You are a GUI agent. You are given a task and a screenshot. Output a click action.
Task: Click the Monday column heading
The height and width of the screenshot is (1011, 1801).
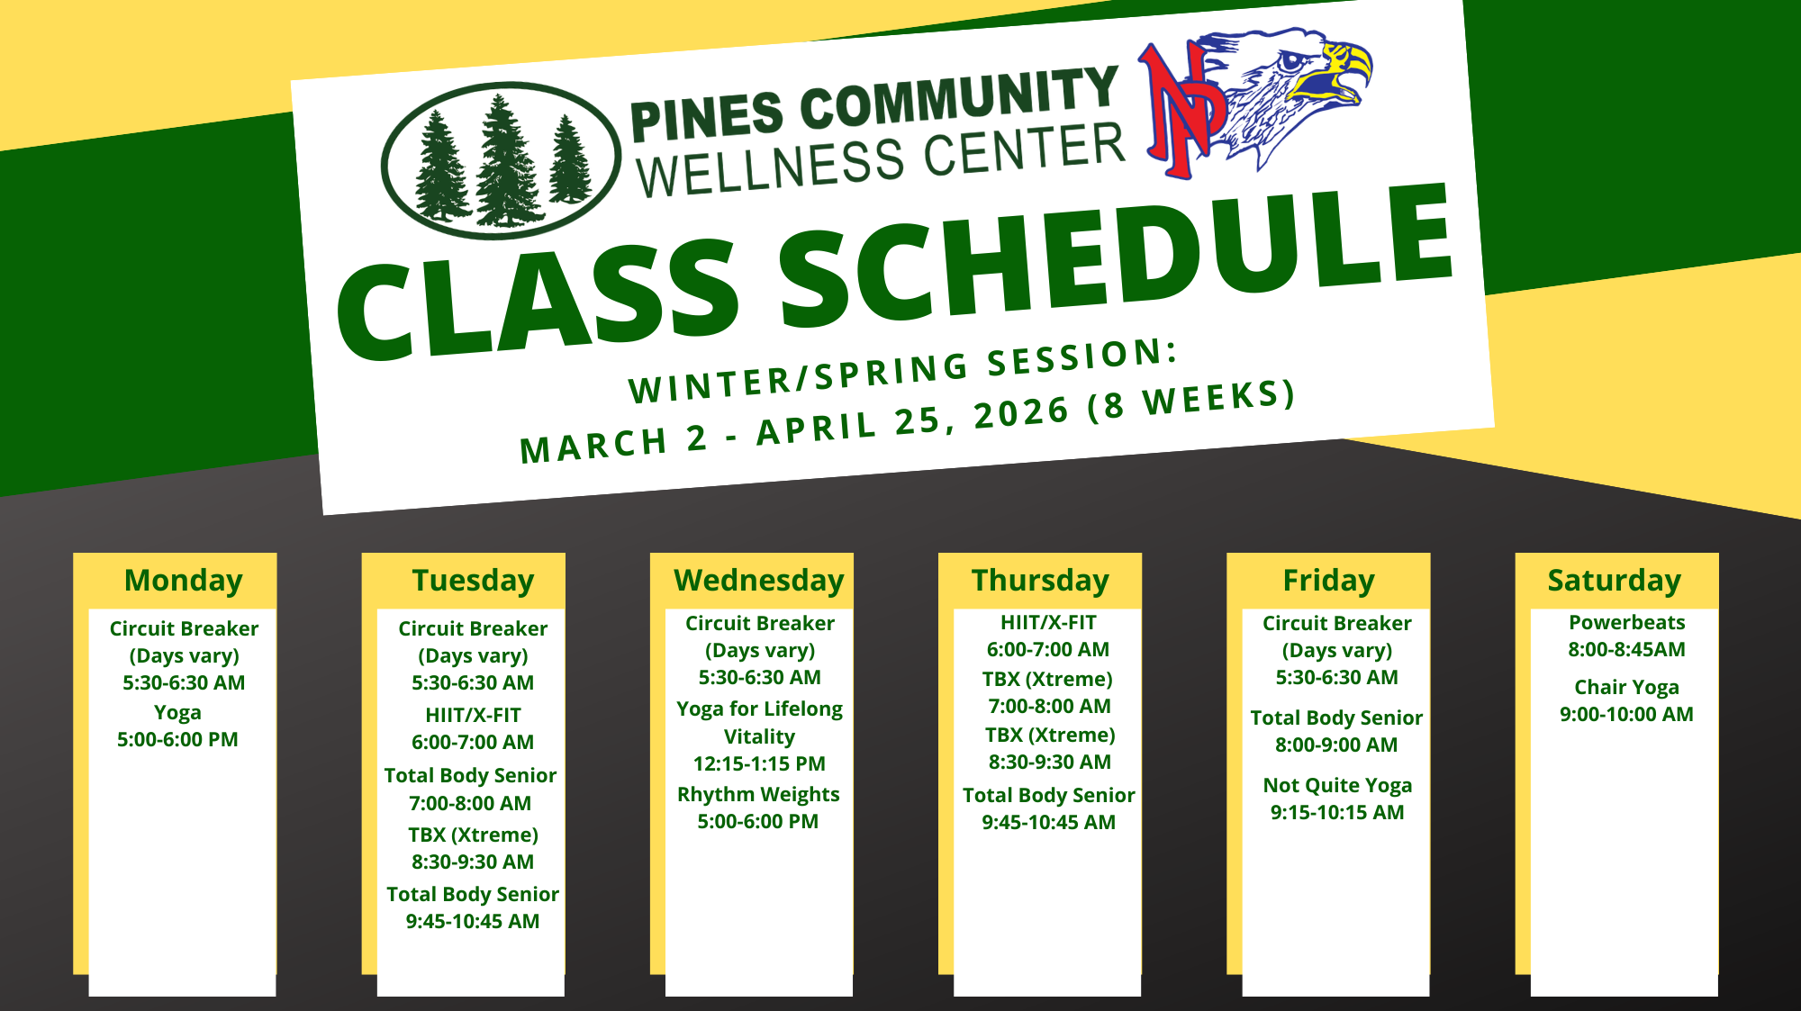(x=184, y=582)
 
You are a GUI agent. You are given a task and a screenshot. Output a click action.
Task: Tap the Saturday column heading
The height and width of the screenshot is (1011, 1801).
(x=1615, y=582)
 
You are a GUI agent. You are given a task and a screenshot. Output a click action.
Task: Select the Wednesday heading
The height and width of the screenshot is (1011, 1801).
(x=759, y=582)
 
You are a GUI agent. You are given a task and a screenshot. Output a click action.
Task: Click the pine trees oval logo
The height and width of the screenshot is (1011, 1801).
(x=501, y=160)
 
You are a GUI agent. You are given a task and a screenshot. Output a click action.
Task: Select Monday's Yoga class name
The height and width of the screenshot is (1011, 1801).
(x=177, y=713)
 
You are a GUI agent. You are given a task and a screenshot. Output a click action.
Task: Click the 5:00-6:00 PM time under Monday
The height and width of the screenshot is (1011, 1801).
(x=177, y=740)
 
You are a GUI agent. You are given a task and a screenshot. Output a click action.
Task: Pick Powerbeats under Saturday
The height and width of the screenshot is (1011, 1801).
(x=1626, y=622)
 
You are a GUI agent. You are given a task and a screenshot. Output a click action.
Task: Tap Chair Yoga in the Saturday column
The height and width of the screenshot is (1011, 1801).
(x=1626, y=688)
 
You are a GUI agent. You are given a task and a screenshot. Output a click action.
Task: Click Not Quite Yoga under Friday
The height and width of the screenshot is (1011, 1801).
(x=1337, y=786)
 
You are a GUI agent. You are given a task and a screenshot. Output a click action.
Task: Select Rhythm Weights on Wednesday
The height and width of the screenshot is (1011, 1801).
(x=758, y=795)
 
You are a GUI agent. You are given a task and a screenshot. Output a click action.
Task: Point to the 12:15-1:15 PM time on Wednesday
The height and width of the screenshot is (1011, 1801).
(x=759, y=764)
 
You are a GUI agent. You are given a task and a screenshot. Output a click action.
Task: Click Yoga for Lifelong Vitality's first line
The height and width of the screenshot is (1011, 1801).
(x=759, y=709)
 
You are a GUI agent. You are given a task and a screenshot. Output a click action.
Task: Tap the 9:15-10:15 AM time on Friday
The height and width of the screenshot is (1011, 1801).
(x=1337, y=813)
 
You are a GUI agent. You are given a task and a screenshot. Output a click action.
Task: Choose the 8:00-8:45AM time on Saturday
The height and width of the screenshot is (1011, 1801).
(x=1626, y=650)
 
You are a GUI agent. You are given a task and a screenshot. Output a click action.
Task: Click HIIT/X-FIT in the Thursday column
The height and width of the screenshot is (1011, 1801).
(x=1048, y=623)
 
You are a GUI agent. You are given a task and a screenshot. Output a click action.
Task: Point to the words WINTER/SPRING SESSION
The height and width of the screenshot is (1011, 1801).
(x=903, y=371)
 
